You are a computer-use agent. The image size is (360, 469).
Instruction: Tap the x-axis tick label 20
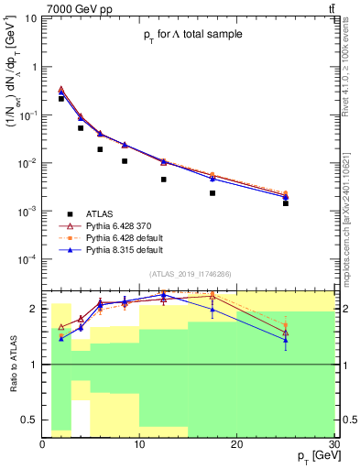236,443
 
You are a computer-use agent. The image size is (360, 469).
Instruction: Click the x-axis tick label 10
139,443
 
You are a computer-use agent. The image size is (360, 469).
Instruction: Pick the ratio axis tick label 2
35,309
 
